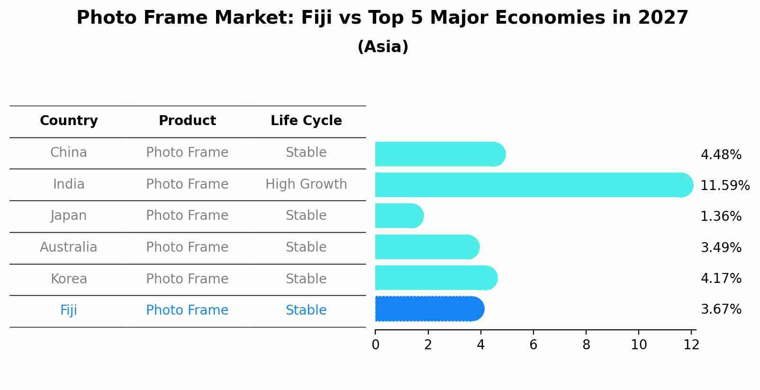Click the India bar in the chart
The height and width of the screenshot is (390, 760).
pos(534,185)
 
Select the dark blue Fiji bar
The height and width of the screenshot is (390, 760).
pos(429,309)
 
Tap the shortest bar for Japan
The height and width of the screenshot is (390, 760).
pos(399,216)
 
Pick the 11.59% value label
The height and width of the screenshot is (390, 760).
pos(725,185)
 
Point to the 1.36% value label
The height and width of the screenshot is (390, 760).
pos(721,217)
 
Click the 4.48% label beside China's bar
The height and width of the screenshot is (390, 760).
pos(721,155)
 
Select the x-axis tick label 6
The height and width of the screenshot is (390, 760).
pos(534,345)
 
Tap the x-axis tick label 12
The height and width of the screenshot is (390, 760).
pos(691,345)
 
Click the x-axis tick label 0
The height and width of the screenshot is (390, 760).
pos(376,345)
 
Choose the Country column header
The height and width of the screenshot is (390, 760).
pos(69,121)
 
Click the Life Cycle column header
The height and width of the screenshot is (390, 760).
pos(306,121)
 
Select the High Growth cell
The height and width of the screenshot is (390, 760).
pos(306,184)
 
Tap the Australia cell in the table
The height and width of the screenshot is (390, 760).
pos(69,247)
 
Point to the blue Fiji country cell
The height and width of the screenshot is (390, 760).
pos(69,310)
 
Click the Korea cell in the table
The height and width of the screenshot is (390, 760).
pos(69,279)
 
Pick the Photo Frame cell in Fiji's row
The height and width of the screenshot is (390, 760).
pos(187,310)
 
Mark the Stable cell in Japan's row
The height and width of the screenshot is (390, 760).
pos(306,216)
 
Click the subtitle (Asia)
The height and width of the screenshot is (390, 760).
pos(383,47)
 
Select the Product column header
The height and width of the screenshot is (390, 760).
pos(187,121)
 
